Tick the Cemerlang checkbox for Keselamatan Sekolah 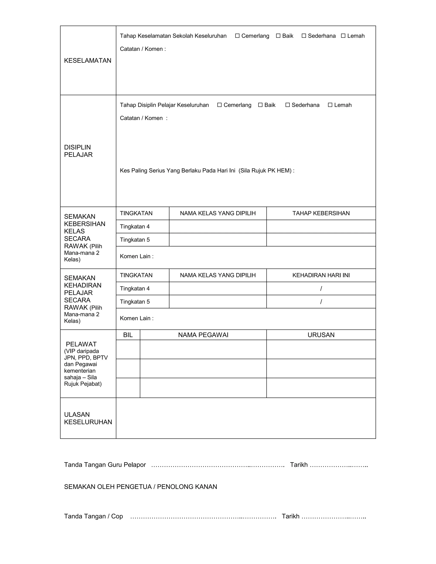click(237, 36)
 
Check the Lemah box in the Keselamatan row click(343, 36)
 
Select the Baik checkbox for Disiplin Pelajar click(260, 105)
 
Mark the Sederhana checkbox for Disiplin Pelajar click(287, 105)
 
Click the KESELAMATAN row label click(87, 60)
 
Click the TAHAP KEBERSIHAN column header click(321, 213)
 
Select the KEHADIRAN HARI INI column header click(321, 275)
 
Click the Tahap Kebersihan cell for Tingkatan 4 click(321, 226)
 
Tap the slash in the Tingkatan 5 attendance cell click(321, 302)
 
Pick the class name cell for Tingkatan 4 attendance click(218, 288)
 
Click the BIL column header click(128, 335)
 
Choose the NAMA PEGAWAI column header click(203, 335)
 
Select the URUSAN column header click(321, 335)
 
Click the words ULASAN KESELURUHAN click(88, 418)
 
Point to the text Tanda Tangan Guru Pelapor click(105, 465)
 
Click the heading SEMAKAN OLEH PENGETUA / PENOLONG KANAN click(141, 487)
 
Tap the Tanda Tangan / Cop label click(93, 516)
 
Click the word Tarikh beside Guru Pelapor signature click(299, 465)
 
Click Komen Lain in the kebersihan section click(136, 256)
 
